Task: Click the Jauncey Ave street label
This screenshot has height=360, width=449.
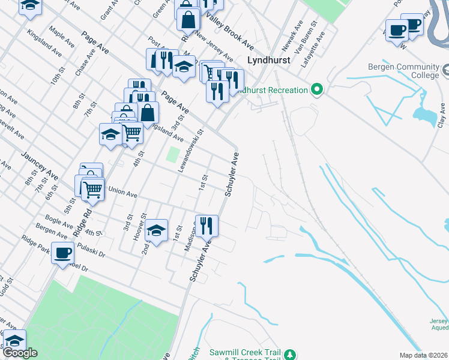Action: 40,166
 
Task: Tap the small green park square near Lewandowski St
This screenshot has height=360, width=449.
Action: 172,155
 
